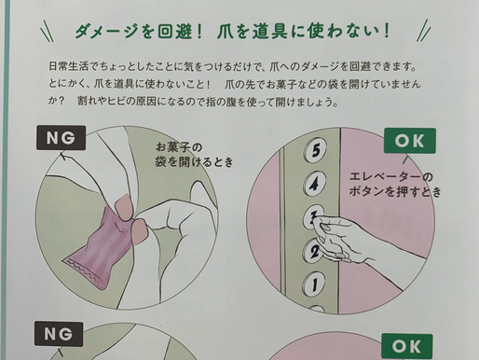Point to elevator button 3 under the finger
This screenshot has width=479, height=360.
315,216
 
